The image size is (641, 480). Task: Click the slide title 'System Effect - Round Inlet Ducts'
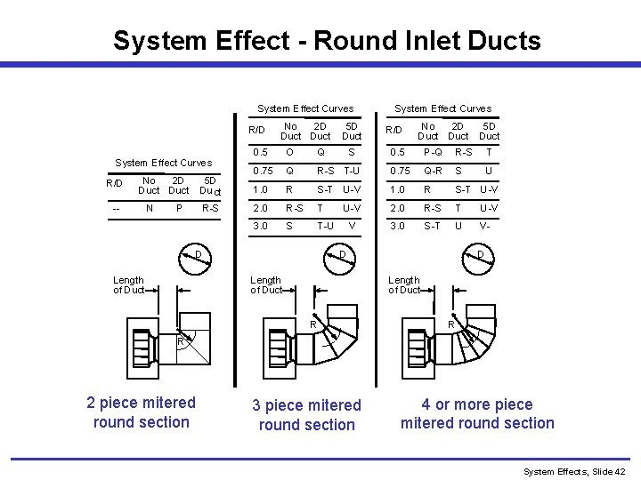[x=327, y=41]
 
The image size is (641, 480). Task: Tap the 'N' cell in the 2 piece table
[x=149, y=209]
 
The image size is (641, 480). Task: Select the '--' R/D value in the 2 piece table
[x=117, y=209]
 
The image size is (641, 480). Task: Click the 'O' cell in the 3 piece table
[x=289, y=153]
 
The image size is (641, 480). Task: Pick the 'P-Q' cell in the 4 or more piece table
[x=433, y=153]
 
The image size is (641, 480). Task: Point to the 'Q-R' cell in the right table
[x=433, y=171]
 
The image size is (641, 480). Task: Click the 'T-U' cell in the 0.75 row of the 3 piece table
[x=352, y=171]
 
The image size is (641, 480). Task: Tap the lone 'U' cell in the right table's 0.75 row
[x=488, y=171]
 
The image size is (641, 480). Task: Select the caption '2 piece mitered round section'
[x=142, y=412]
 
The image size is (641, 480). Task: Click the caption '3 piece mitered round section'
[x=306, y=415]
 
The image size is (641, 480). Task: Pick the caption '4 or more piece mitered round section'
[x=477, y=414]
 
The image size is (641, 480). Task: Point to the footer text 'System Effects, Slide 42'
[x=574, y=471]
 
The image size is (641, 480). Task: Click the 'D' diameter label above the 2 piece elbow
[x=199, y=257]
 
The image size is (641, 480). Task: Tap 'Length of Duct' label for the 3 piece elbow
[x=266, y=284]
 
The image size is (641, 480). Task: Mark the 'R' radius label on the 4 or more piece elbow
[x=451, y=325]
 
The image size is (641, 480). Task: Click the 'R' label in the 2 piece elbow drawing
[x=180, y=340]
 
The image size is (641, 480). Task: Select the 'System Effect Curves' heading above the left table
[x=164, y=163]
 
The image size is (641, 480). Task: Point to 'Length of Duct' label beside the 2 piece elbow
[x=129, y=284]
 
